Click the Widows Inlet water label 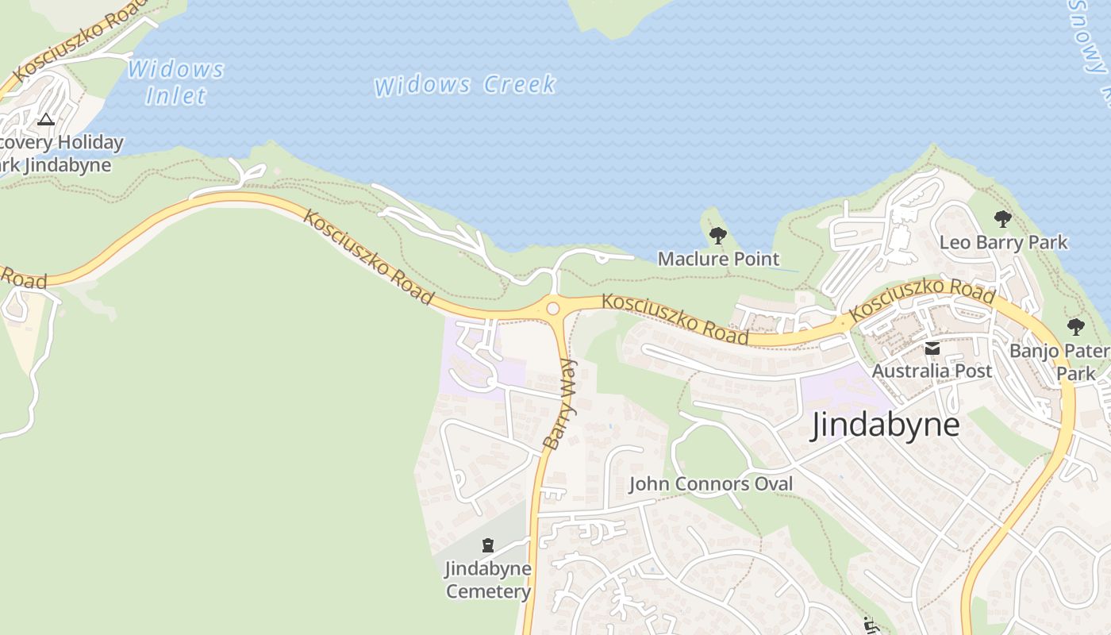pos(176,83)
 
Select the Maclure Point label pos(718,259)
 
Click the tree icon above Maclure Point pos(718,235)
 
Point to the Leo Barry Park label pos(1003,242)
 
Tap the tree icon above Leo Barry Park pos(1003,219)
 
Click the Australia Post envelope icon pos(932,348)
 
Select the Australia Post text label pos(932,371)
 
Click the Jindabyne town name pos(885,425)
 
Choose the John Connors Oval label pos(711,483)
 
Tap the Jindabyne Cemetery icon pos(488,545)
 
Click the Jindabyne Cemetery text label pos(488,580)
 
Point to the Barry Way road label pos(561,404)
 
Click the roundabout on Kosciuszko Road pos(553,309)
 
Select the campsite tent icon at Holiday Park pos(46,120)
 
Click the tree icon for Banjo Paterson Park pos(1075,327)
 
